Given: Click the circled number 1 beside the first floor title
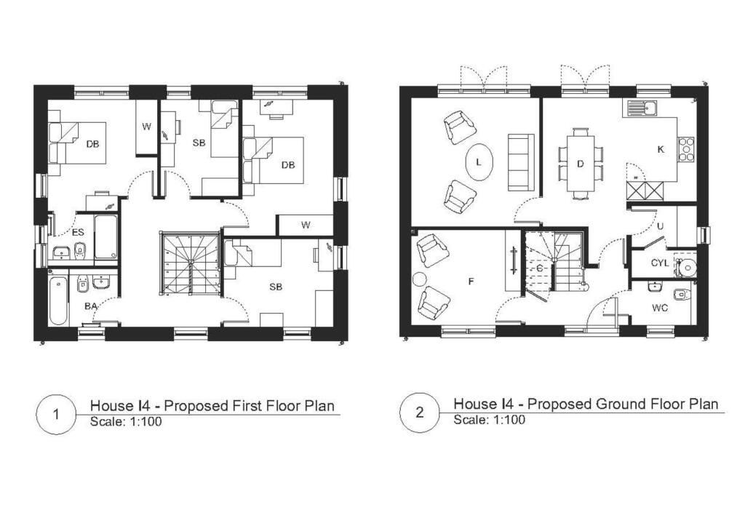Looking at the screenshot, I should [57, 414].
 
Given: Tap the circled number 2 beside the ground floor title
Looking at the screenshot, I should [420, 413].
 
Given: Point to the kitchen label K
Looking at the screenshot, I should [661, 149].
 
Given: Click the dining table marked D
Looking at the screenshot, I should [580, 164].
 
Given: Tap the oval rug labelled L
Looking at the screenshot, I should [478, 162].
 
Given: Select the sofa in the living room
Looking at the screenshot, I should [520, 162].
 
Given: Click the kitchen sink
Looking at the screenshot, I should [641, 109].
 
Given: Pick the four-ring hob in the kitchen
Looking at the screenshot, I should [686, 149].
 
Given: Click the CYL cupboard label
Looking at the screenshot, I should [659, 263].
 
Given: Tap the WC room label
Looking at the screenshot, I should [659, 308].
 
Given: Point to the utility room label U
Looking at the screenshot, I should [659, 226].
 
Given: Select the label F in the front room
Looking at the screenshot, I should [470, 279].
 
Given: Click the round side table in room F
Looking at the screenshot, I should [420, 279].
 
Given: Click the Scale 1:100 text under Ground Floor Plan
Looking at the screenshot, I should [489, 420].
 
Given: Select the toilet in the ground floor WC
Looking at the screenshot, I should [682, 294].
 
